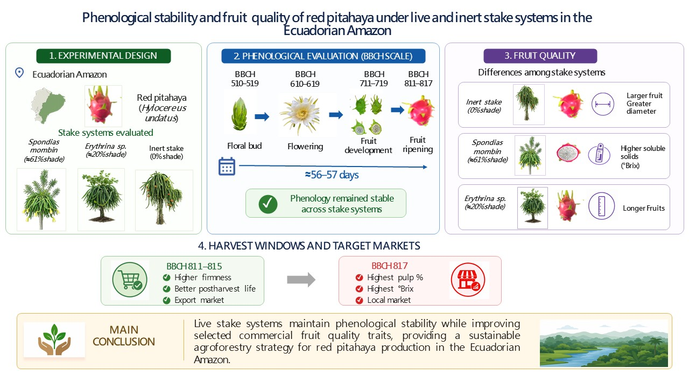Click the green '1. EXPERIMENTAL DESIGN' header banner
103,56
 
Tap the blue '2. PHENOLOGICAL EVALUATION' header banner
324,56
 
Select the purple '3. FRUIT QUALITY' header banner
540,56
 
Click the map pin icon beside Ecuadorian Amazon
19,73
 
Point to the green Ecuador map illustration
48,105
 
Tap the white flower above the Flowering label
301,115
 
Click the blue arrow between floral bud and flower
262,116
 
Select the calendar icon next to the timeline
227,167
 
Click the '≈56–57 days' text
332,175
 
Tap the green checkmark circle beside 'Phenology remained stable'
268,204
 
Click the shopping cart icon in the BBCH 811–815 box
130,280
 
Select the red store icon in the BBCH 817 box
468,280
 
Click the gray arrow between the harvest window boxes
301,280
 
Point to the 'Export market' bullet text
199,300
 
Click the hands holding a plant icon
54,339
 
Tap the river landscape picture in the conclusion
604,343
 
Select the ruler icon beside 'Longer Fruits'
601,206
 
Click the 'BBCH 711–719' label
374,79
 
